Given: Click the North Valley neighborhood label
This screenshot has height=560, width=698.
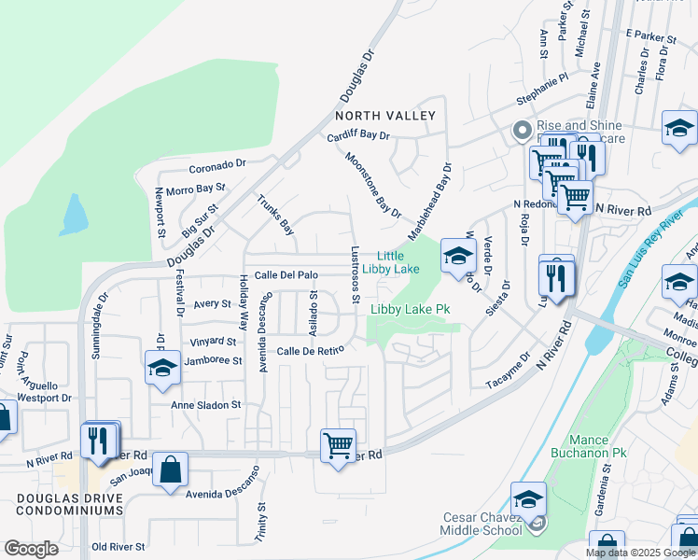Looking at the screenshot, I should point(385,116).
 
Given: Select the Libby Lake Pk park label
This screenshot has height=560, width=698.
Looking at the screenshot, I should point(410,309).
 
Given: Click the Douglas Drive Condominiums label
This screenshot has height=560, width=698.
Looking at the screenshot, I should point(69,504).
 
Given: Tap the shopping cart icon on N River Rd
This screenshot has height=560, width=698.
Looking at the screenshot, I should point(337,444).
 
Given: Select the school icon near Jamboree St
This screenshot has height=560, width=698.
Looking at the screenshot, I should point(162,368).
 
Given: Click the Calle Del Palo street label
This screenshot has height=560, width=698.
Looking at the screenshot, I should point(286,275).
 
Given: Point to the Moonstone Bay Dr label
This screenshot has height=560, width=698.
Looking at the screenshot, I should point(372,185).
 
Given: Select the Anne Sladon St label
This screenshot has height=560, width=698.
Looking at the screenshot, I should point(205,406).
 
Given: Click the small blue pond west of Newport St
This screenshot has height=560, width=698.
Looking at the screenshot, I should point(74,216).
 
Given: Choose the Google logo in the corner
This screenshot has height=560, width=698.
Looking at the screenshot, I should point(31,550).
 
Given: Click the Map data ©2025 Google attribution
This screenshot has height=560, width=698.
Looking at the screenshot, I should point(640,553).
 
